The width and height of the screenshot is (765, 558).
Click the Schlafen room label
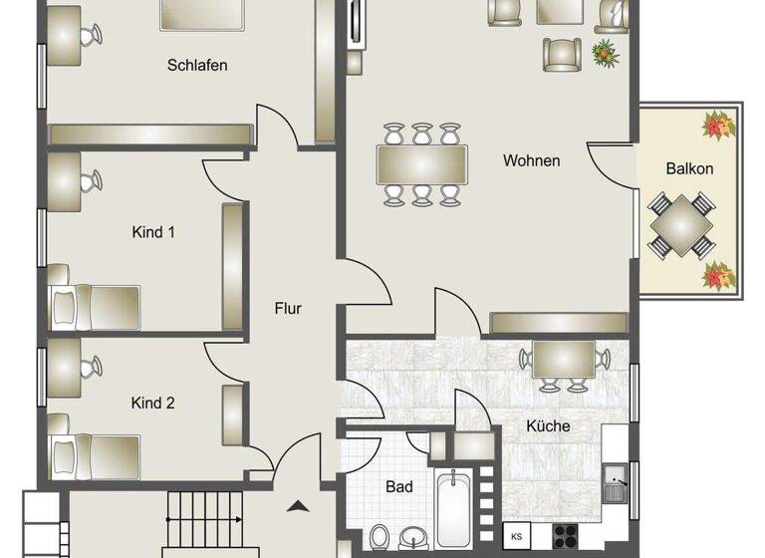click(197, 66)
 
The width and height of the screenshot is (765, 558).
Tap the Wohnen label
click(531, 160)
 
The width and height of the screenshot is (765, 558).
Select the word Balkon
click(689, 168)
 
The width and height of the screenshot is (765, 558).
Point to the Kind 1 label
click(153, 232)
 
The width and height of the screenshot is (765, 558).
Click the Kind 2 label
click(153, 404)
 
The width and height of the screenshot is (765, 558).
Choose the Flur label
click(288, 309)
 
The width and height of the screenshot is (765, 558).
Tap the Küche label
click(549, 426)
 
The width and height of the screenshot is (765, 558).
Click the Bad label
click(399, 487)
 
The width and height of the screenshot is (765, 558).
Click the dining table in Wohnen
click(421, 163)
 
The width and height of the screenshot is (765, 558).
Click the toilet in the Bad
click(380, 538)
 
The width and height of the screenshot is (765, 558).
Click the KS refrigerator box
click(517, 536)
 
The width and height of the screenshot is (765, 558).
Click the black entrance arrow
click(298, 506)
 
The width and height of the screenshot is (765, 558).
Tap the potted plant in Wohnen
click(604, 52)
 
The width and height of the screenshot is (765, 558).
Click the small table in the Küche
click(564, 360)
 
